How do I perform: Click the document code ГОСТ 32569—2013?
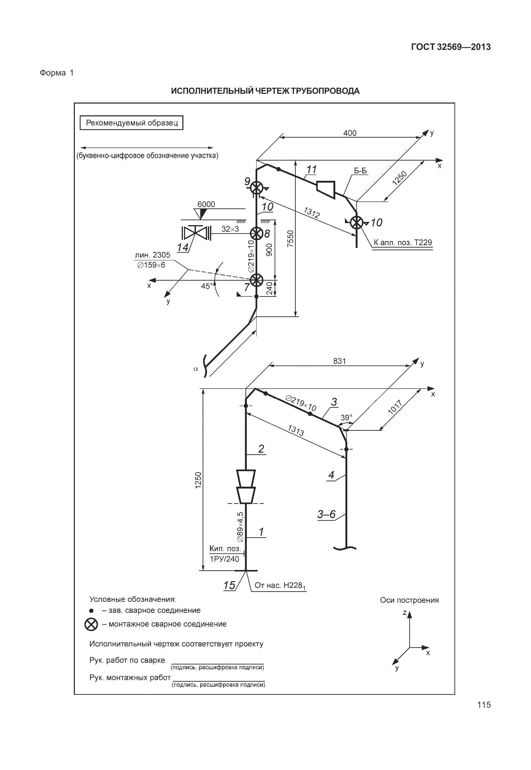coord(451,47)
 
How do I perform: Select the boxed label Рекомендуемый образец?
coord(131,123)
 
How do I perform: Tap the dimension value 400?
coord(350,133)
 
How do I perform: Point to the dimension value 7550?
coord(291,239)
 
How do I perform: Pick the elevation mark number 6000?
coord(206,204)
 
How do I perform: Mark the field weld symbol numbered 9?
coord(257,187)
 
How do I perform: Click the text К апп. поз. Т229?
coord(403,242)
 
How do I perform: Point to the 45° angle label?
coord(207,286)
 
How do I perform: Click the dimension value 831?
coord(340,361)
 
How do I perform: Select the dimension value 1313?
coord(296,430)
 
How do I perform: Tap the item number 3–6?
coord(326,514)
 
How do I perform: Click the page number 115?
coord(484,705)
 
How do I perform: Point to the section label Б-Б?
coord(360,171)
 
